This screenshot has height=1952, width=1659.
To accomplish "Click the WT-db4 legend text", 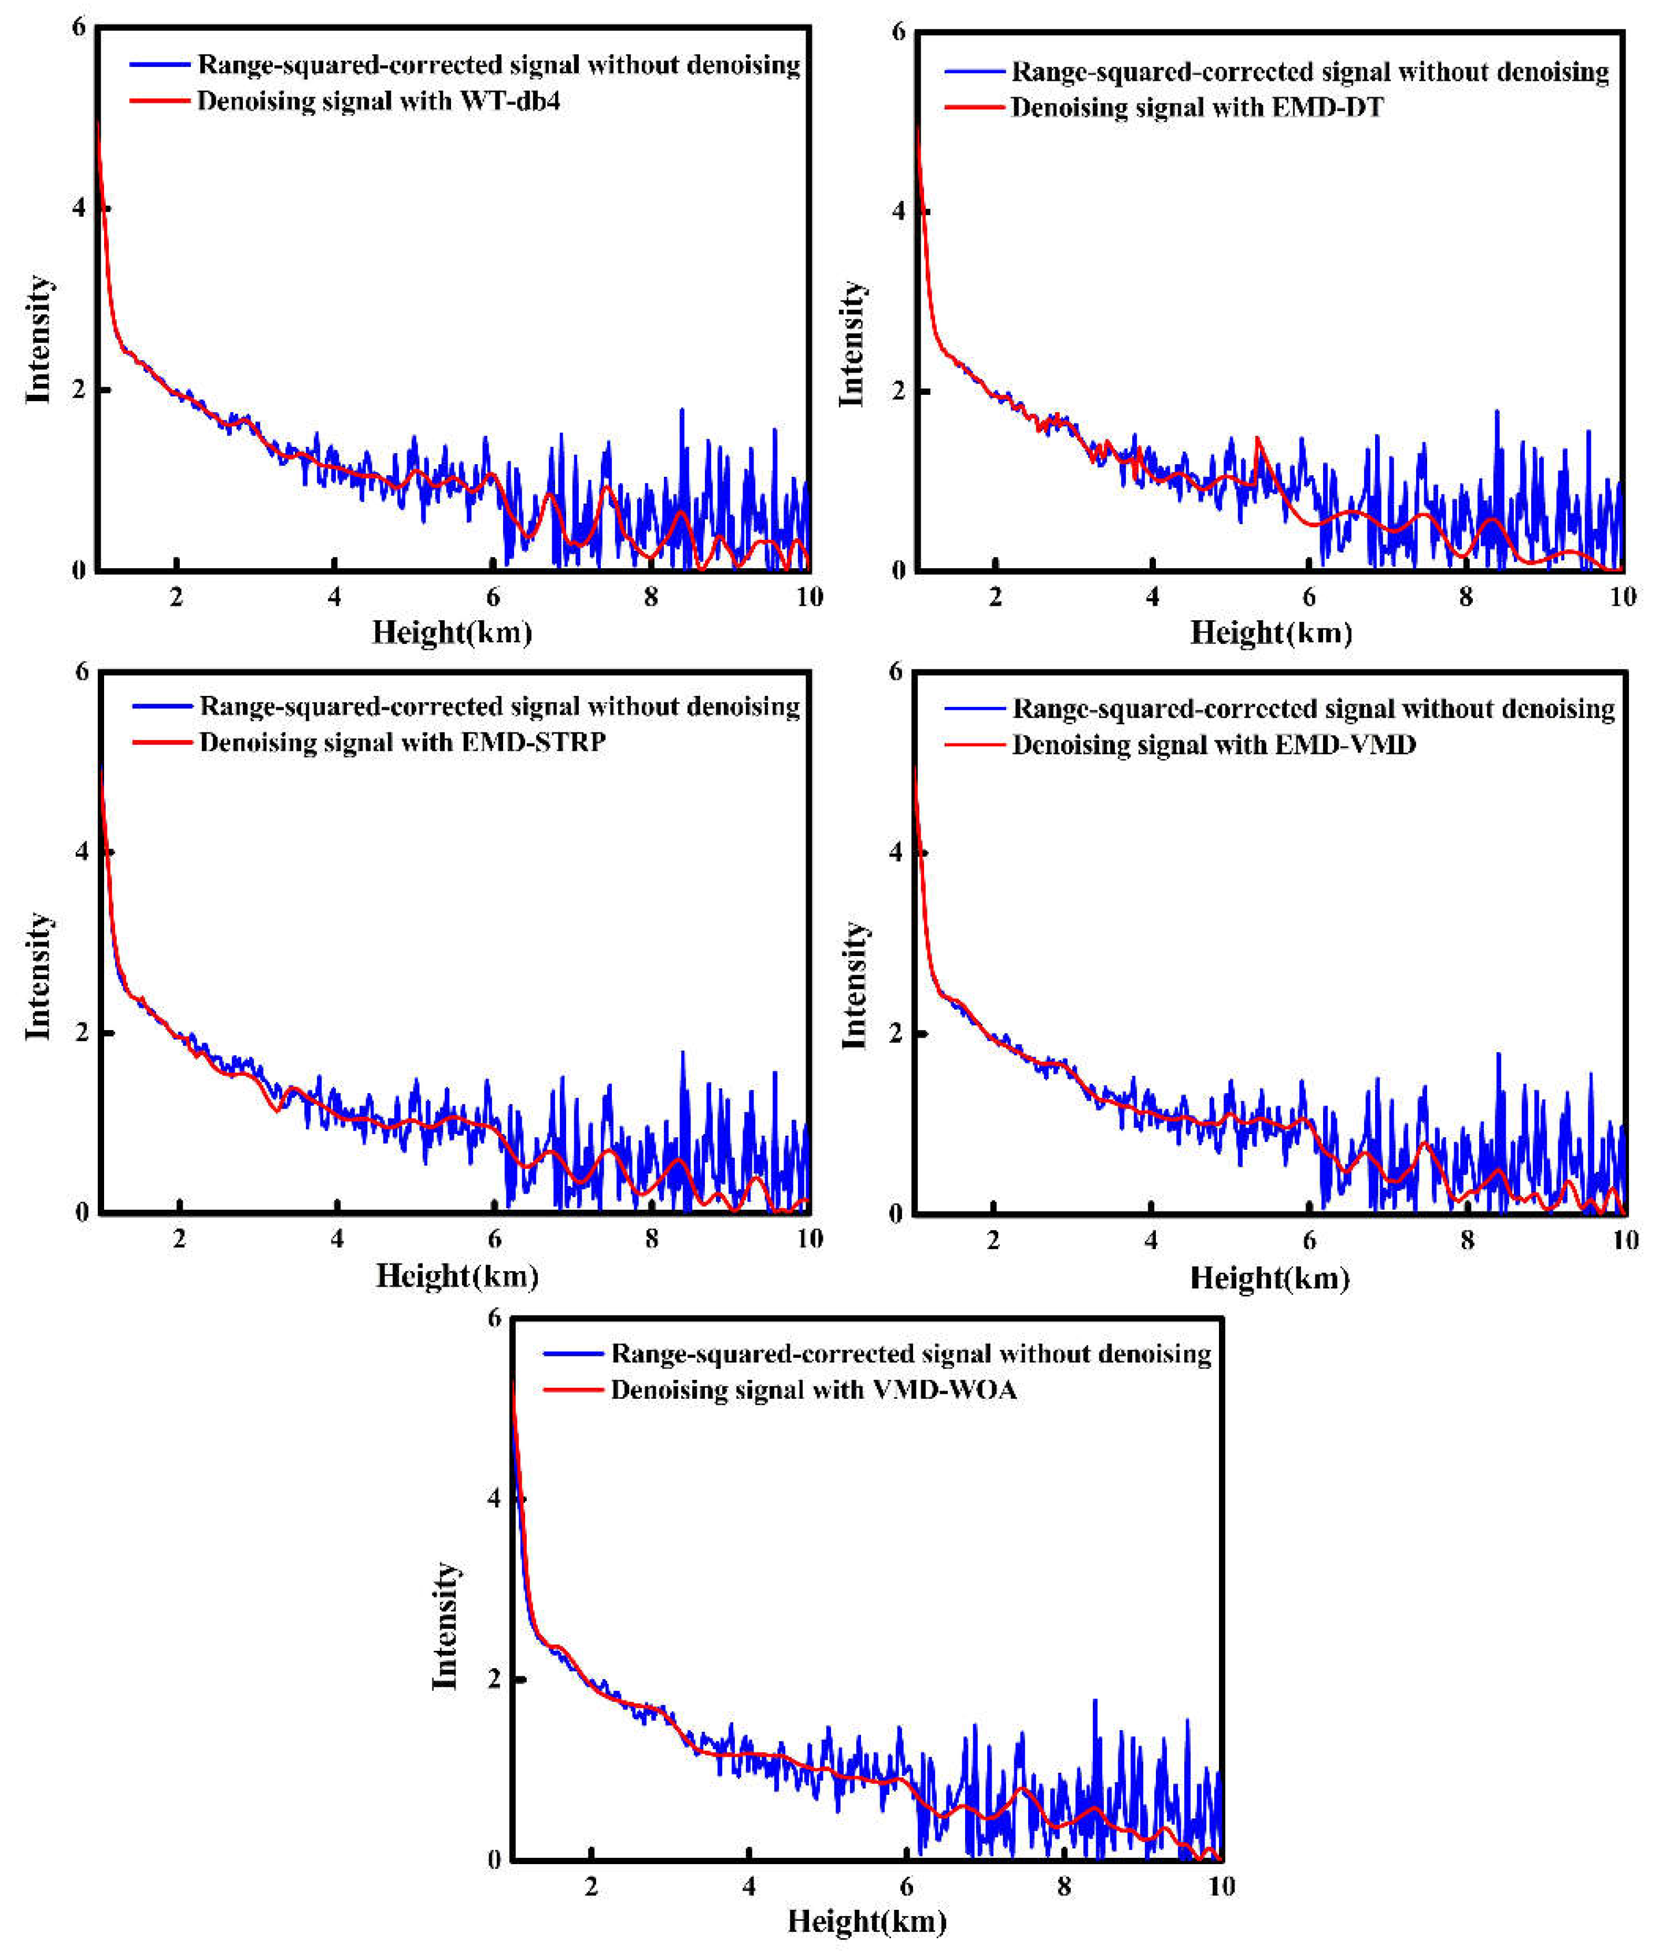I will (x=378, y=101).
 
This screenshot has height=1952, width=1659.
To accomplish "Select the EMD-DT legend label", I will (x=1196, y=107).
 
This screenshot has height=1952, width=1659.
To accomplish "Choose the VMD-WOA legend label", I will (x=814, y=1390).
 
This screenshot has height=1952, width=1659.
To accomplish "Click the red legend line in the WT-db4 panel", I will (x=160, y=101).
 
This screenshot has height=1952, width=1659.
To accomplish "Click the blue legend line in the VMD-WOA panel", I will (x=572, y=1354).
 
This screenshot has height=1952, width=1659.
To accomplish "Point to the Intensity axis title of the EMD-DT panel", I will (x=852, y=344).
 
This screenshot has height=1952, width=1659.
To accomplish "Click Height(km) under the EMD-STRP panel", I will (x=457, y=1276).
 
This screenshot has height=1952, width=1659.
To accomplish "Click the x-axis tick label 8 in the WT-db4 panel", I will (x=651, y=597).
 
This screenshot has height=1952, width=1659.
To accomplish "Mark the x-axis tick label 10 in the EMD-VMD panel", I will (x=1625, y=1240).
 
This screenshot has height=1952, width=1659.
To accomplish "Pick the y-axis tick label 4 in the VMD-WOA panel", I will (x=494, y=1499).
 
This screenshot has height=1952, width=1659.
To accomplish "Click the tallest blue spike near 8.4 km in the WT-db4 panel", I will (x=681, y=411).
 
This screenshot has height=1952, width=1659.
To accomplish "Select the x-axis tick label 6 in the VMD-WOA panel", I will (x=906, y=1886).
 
